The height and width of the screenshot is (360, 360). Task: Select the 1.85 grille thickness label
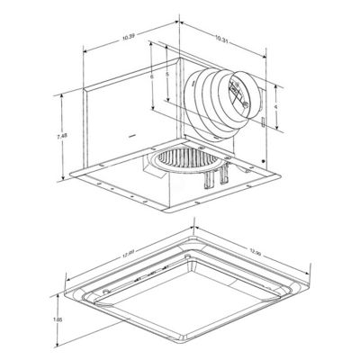pos(55,318)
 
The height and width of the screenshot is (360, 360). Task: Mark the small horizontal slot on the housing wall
pos(132,138)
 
